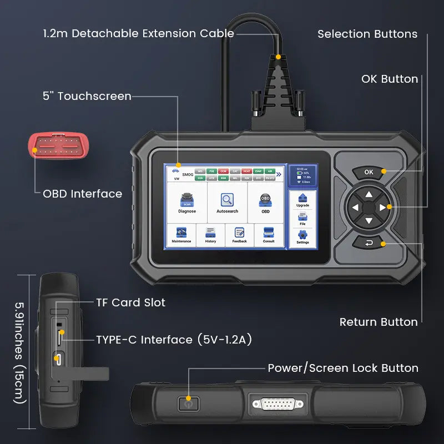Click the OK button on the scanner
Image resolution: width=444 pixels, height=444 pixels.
tap(369, 172)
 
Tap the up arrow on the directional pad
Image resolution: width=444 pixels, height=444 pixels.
tap(369, 194)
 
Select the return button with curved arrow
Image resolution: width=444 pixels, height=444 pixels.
tap(369, 243)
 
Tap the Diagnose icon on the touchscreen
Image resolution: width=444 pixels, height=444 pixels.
tap(187, 203)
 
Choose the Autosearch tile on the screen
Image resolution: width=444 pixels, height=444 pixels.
tap(228, 203)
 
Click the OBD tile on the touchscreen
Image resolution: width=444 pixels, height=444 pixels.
tap(265, 203)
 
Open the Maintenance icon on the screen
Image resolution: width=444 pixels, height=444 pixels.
tap(181, 234)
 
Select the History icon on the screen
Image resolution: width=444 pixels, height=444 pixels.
tap(210, 234)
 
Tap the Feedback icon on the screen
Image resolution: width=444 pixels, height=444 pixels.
tap(240, 234)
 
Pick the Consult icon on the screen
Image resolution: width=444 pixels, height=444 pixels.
tap(269, 234)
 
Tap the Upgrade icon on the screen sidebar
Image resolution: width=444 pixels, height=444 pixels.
tap(302, 200)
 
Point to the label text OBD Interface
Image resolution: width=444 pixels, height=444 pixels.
tap(82, 194)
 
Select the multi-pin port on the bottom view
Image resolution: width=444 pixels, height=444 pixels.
tap(277, 403)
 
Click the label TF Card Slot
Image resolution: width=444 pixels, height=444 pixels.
tap(130, 302)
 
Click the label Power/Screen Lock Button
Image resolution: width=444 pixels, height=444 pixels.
tap(343, 368)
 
